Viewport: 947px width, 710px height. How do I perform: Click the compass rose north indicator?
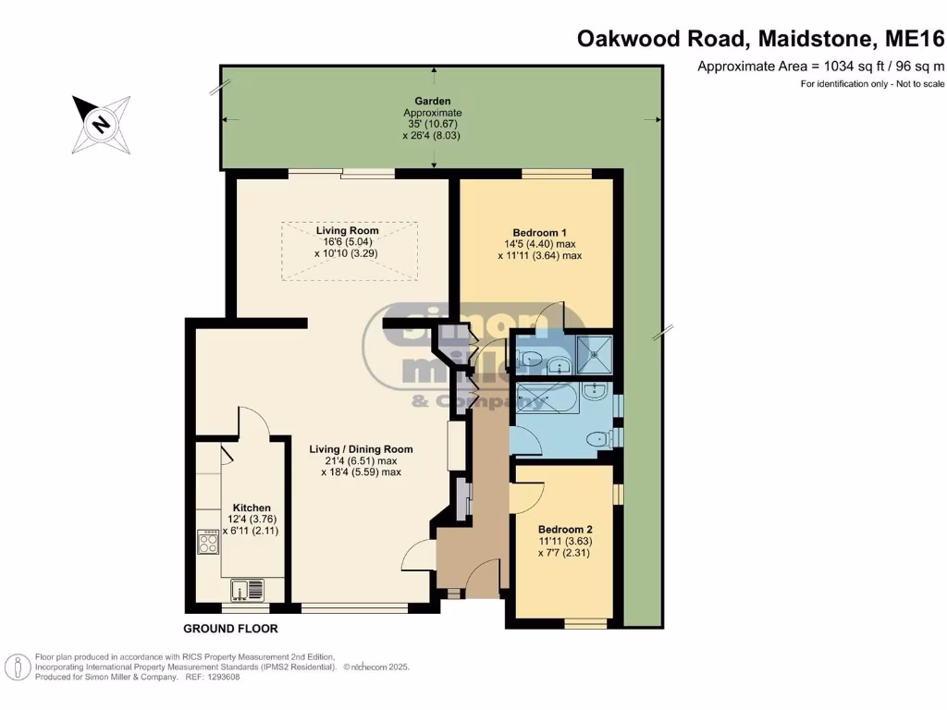click(101, 125)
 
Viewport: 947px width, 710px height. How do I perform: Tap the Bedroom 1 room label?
click(539, 232)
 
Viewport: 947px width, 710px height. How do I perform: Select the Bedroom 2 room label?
click(565, 530)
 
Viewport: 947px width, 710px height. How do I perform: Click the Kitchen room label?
click(252, 508)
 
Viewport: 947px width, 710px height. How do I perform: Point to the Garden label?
click(433, 101)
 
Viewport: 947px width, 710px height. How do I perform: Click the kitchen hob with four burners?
click(208, 542)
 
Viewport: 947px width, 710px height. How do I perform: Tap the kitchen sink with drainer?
click(248, 590)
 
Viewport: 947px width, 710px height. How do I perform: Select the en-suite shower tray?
click(595, 354)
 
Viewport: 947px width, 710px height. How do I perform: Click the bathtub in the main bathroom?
click(547, 398)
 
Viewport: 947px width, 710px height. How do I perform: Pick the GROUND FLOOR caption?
click(230, 629)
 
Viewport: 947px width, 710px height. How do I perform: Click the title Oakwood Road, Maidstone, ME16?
click(760, 39)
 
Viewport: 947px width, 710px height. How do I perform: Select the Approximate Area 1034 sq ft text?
click(821, 67)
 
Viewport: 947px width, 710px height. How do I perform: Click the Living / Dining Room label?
click(362, 449)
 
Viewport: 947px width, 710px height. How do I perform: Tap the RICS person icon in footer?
click(18, 667)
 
